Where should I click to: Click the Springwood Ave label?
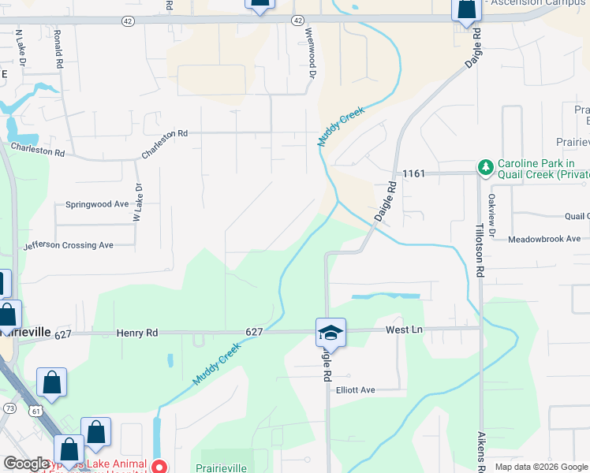(98, 204)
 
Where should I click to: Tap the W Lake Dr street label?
(137, 203)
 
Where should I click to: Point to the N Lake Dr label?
(21, 48)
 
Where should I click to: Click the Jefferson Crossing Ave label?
(68, 245)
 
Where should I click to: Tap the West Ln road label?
(404, 330)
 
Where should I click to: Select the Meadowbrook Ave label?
(543, 239)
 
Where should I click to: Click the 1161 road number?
(413, 173)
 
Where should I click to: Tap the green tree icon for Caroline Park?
(484, 167)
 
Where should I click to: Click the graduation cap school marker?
(331, 333)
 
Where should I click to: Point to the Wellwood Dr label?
(311, 54)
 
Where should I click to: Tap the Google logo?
(25, 464)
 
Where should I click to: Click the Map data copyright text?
(540, 467)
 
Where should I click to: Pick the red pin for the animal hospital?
(159, 467)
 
